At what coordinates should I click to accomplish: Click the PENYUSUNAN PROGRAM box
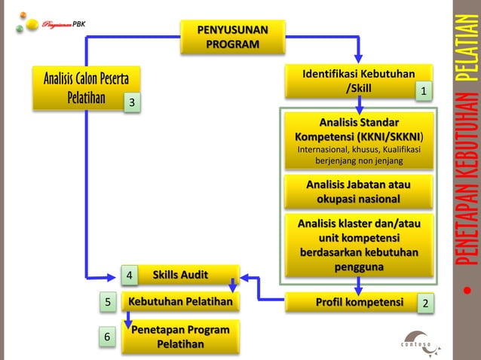(231, 36)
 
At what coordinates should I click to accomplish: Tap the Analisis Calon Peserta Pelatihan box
(84, 88)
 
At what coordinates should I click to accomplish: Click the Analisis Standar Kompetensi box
(358, 141)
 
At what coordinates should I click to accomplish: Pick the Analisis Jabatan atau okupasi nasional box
(358, 191)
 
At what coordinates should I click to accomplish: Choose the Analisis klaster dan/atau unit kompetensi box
(358, 246)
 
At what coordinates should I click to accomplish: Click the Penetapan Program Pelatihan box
(181, 337)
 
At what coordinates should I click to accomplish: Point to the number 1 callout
(424, 91)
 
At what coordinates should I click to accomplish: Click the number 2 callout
(426, 304)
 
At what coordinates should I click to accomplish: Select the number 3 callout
(133, 102)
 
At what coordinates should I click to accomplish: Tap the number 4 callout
(130, 276)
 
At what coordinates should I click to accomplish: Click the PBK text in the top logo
(79, 23)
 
